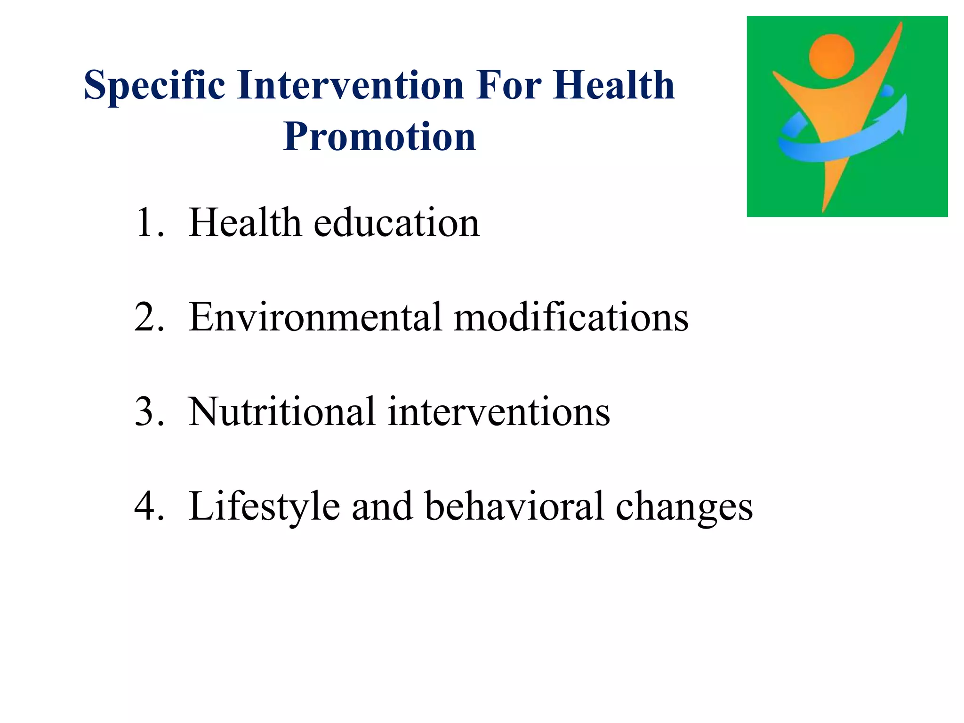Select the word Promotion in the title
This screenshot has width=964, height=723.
[x=379, y=137]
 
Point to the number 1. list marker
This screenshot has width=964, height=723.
[x=150, y=223]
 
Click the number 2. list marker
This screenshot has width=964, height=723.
[x=150, y=317]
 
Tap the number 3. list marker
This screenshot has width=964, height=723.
[x=150, y=412]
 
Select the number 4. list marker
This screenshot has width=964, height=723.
[x=150, y=506]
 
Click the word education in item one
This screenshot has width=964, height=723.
[x=396, y=223]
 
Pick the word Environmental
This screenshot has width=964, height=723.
[x=315, y=317]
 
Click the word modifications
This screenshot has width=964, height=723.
[x=571, y=317]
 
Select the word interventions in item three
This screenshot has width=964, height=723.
[x=499, y=412]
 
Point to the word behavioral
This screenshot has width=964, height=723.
[x=514, y=506]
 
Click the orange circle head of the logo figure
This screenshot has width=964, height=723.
[x=831, y=56]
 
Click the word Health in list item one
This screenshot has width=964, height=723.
[x=245, y=223]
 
